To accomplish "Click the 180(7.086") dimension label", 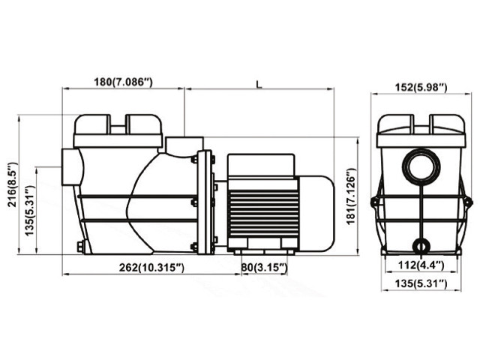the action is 123,82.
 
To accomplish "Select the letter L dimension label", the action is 259,85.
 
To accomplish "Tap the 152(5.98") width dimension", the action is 421,88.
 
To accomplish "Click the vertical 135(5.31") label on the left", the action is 29,211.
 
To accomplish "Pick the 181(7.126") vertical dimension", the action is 352,196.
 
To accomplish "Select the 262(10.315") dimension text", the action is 151,268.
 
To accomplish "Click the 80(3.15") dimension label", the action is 265,268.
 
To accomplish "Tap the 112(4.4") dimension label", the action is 421,265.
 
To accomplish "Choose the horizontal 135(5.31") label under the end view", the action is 421,283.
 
